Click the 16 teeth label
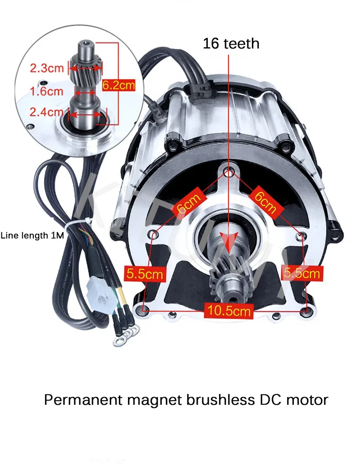231,43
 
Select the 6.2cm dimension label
118,85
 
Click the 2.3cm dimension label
47,69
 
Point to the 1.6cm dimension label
47,91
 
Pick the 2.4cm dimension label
47,112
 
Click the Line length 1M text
32,236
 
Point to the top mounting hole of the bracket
229,172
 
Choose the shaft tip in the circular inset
85,46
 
